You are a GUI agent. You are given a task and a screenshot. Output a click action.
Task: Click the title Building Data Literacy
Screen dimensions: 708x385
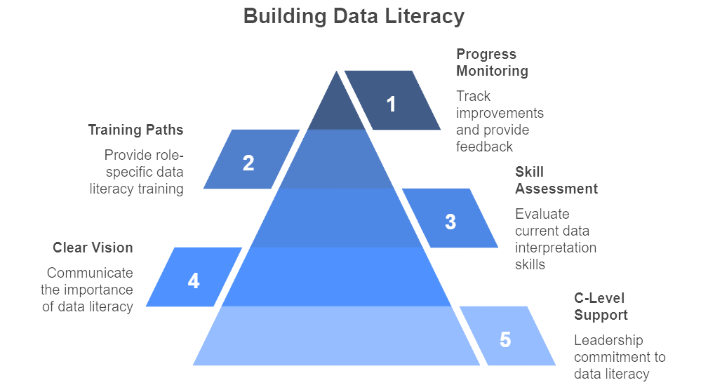(354, 17)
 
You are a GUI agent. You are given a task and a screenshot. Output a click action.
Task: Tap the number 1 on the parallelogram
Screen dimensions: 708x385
(391, 104)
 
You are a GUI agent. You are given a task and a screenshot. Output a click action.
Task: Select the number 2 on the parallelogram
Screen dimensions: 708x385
(248, 163)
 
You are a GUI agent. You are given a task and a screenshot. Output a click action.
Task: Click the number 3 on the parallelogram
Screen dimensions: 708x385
(450, 222)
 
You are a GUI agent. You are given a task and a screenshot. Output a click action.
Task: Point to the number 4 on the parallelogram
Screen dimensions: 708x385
(194, 281)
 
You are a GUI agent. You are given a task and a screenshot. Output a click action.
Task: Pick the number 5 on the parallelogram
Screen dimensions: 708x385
(505, 339)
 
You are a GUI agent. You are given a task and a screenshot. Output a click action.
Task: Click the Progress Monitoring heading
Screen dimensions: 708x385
(492, 62)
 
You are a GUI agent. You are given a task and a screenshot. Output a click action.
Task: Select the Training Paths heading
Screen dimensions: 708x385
(135, 130)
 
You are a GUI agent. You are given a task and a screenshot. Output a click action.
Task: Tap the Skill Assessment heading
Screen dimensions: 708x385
(556, 180)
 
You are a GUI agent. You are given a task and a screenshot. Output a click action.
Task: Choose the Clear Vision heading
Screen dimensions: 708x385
(93, 248)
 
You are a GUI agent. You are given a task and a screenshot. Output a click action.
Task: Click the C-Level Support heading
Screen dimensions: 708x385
(601, 306)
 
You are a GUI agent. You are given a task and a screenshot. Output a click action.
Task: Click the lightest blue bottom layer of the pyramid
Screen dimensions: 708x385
(336, 336)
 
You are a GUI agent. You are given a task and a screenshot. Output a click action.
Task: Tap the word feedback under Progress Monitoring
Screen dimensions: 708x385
(484, 147)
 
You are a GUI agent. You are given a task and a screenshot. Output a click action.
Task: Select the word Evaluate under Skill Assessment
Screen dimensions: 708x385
(542, 214)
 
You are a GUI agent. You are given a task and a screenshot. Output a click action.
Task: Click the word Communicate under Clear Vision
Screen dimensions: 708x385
(90, 273)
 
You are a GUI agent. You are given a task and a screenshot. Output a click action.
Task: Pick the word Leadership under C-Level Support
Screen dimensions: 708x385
(608, 340)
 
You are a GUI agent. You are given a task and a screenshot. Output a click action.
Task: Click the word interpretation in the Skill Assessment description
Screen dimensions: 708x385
(556, 248)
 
